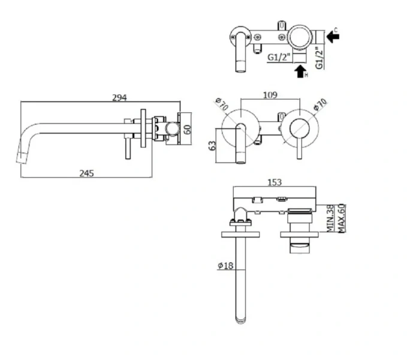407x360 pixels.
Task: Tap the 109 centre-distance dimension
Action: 270,94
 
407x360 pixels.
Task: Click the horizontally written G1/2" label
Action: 279,58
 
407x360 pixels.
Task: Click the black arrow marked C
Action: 333,37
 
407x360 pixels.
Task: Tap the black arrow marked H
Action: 300,71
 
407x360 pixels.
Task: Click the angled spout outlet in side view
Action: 23,157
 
